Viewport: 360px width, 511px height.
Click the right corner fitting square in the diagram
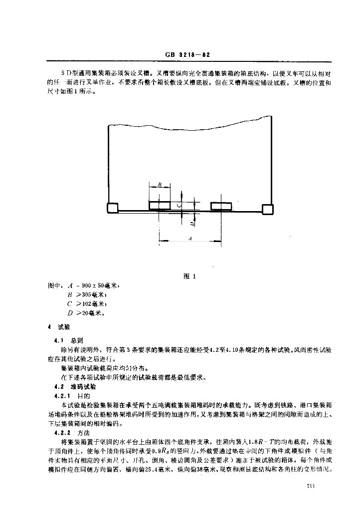point(267,209)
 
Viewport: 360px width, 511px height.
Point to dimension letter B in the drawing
point(160,185)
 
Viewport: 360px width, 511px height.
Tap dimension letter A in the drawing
point(190,239)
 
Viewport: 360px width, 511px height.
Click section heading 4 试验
point(59,327)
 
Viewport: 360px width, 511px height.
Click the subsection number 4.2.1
point(64,395)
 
